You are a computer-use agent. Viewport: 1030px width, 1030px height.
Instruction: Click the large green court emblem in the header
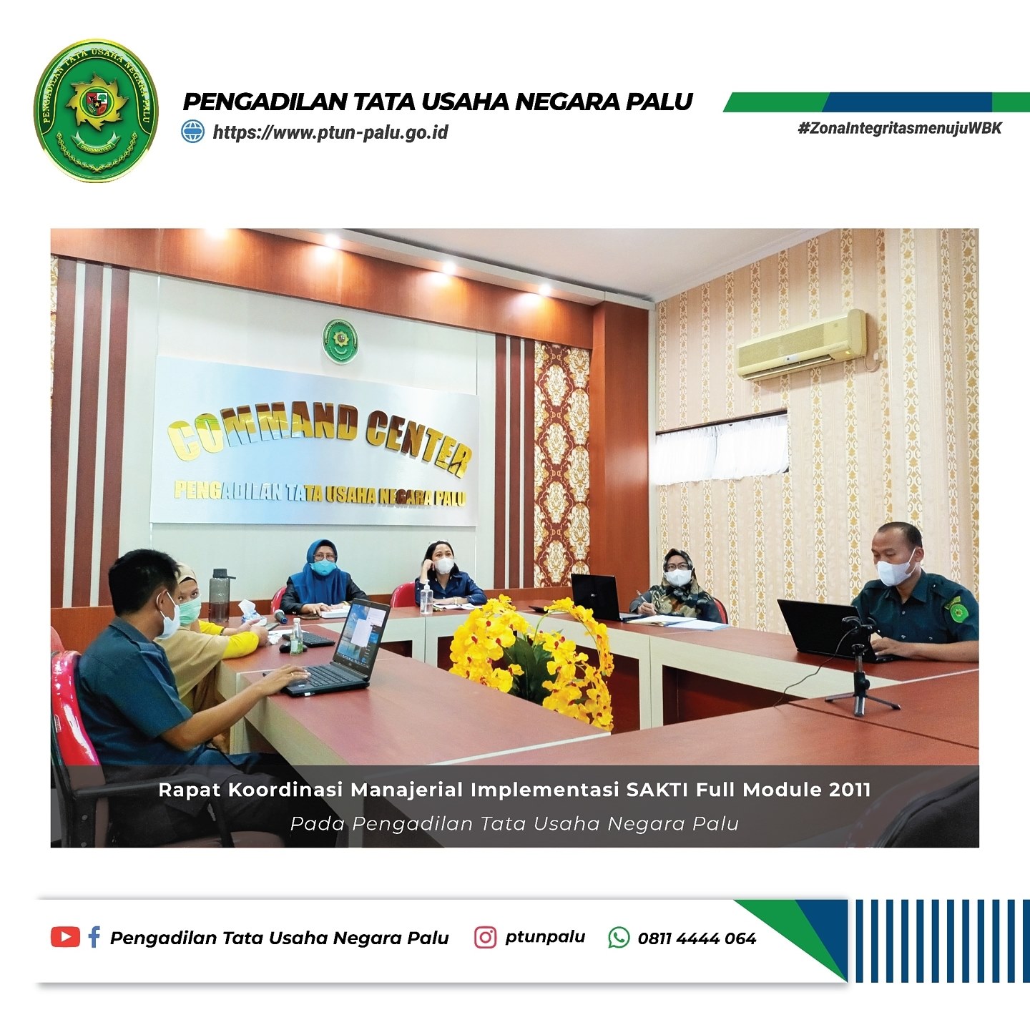coord(97,109)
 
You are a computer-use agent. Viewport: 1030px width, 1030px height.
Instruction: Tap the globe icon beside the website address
coord(193,132)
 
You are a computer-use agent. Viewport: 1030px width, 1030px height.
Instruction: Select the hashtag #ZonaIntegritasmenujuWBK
coord(900,128)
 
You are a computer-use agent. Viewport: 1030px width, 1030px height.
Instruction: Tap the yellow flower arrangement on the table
coord(531,659)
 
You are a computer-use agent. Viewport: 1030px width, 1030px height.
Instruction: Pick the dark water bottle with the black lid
coord(220,597)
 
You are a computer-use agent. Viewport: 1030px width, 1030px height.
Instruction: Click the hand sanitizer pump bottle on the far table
coord(426,599)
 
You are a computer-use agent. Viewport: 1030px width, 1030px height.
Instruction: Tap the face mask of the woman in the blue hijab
coord(324,567)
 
